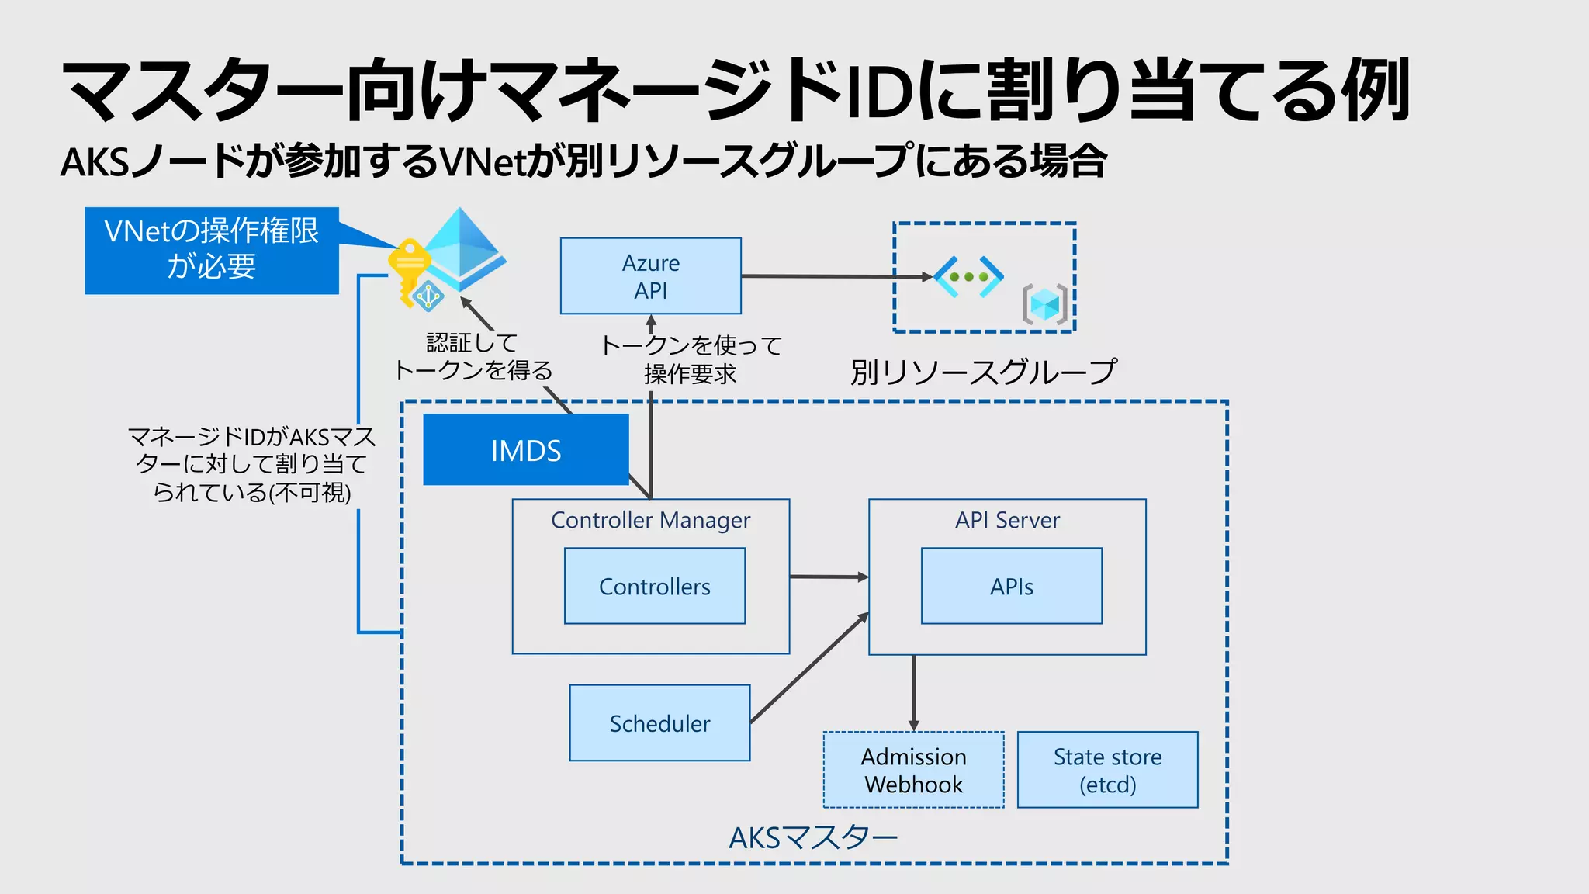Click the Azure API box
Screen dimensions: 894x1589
[x=650, y=276]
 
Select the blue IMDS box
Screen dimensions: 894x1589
[x=525, y=450]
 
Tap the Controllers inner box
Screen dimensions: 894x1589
[x=654, y=587]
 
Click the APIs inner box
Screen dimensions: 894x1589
[x=1011, y=587]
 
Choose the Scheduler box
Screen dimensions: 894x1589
[x=659, y=723]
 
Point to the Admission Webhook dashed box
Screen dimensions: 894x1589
[x=913, y=770]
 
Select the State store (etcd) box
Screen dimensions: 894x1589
[x=1107, y=770]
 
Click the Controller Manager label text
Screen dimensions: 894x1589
[x=650, y=520]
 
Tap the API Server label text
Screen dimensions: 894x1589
[x=1007, y=520]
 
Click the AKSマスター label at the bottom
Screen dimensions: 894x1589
[x=813, y=838]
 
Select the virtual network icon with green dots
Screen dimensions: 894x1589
[x=969, y=276]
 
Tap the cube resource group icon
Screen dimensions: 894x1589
[x=1045, y=304]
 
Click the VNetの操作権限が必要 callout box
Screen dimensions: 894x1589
[x=211, y=250]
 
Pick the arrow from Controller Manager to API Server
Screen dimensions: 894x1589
[x=828, y=577]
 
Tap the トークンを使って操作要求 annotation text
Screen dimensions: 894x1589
[x=691, y=359]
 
